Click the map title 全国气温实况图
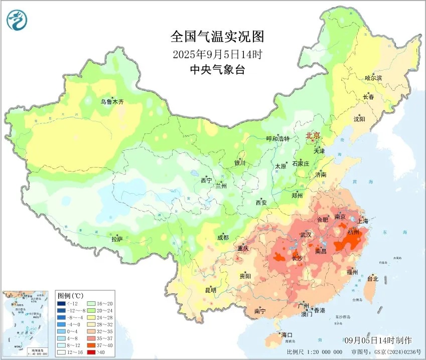[x=217, y=37]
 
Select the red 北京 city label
[x=313, y=135]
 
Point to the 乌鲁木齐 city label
[x=111, y=101]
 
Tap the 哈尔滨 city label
[x=373, y=78]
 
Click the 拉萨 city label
[x=117, y=239]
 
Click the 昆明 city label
[x=210, y=290]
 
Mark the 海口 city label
[x=287, y=334]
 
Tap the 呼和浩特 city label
[x=277, y=139]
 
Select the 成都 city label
[x=223, y=238]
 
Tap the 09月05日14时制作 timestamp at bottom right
[x=382, y=341]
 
